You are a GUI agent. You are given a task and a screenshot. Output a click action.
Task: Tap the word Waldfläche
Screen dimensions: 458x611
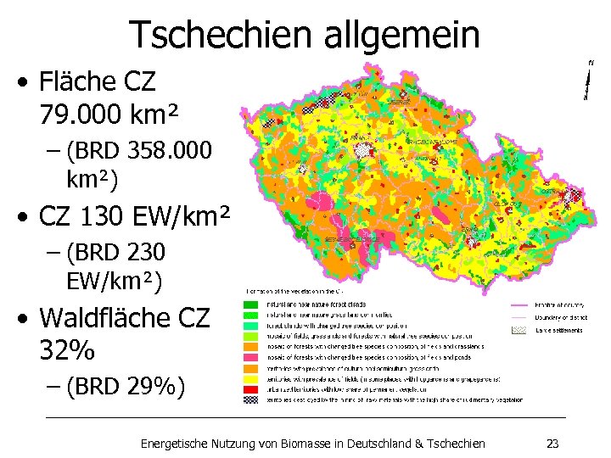point(106,319)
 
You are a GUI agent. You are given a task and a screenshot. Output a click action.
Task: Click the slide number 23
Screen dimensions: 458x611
point(552,443)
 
